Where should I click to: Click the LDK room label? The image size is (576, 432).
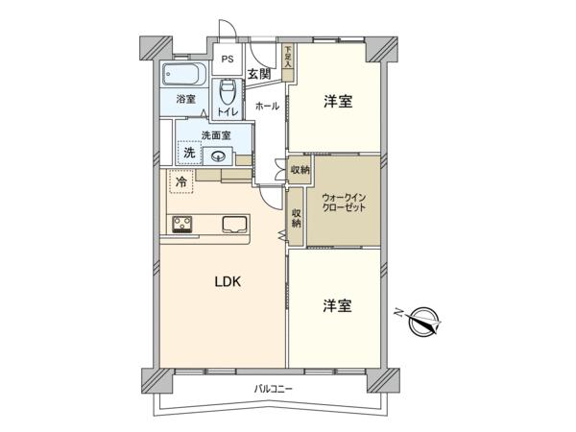[228, 281]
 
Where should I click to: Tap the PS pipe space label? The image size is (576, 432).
[228, 60]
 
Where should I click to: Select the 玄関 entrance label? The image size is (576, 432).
[259, 74]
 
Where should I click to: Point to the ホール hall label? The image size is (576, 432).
[267, 107]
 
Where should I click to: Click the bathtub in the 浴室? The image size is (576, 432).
[184, 75]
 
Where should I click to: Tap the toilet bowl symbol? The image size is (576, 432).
[228, 92]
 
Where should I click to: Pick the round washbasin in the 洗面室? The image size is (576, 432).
[218, 156]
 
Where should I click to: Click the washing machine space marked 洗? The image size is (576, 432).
[189, 153]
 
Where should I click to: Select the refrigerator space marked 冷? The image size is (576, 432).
[181, 181]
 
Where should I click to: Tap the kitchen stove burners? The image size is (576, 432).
[182, 224]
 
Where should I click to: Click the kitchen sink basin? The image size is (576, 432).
[235, 225]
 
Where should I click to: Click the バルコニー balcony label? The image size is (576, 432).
[273, 388]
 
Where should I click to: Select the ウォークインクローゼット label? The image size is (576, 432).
[344, 204]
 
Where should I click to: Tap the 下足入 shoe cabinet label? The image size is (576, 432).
[288, 57]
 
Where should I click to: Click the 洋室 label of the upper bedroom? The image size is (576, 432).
[338, 102]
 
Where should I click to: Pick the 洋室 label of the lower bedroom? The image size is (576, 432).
[337, 306]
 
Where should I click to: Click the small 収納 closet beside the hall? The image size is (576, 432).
[300, 170]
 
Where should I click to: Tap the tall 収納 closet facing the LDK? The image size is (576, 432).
[296, 218]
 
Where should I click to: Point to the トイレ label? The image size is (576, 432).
[228, 112]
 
